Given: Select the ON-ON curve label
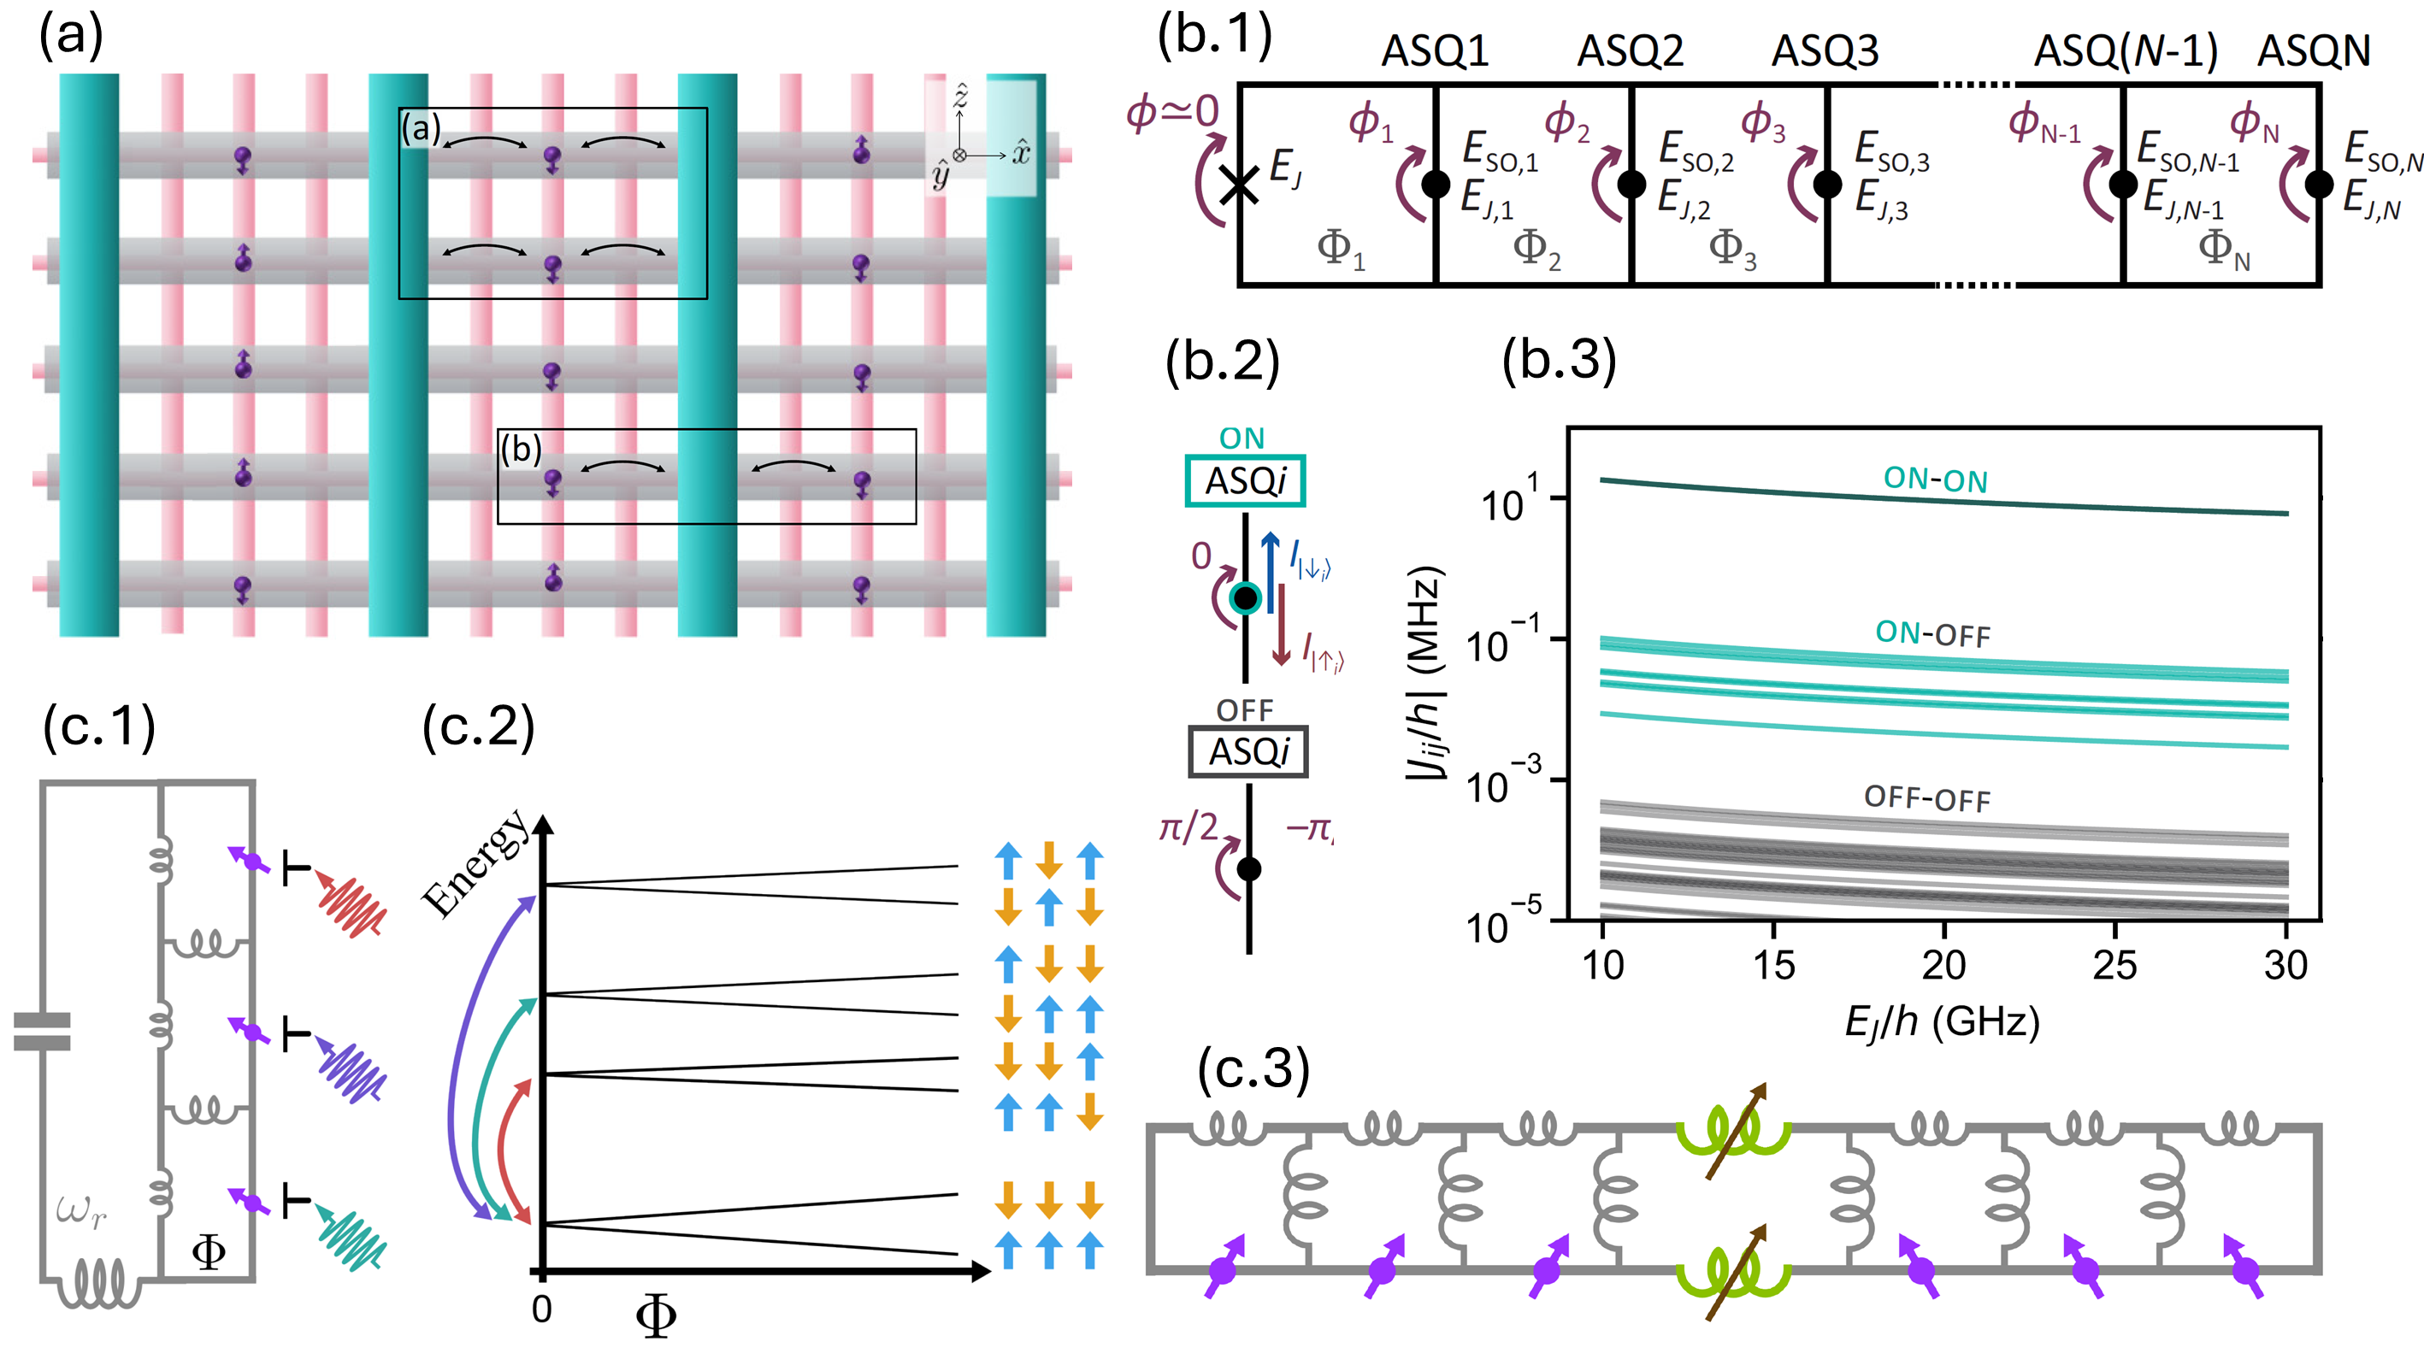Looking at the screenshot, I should (1935, 479).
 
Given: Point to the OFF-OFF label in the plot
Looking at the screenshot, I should (1926, 798).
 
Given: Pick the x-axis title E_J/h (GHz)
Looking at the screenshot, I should (1941, 1021).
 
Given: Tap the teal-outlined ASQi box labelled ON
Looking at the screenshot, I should (1245, 481).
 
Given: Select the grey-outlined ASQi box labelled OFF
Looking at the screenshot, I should (1247, 751).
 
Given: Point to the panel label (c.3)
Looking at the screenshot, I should (1253, 1069).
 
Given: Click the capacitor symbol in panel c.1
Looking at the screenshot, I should (43, 1031).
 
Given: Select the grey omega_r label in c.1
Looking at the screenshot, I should (81, 1209).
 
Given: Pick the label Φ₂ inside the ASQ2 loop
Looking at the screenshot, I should (1536, 250).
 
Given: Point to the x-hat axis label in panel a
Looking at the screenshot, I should (1021, 152).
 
